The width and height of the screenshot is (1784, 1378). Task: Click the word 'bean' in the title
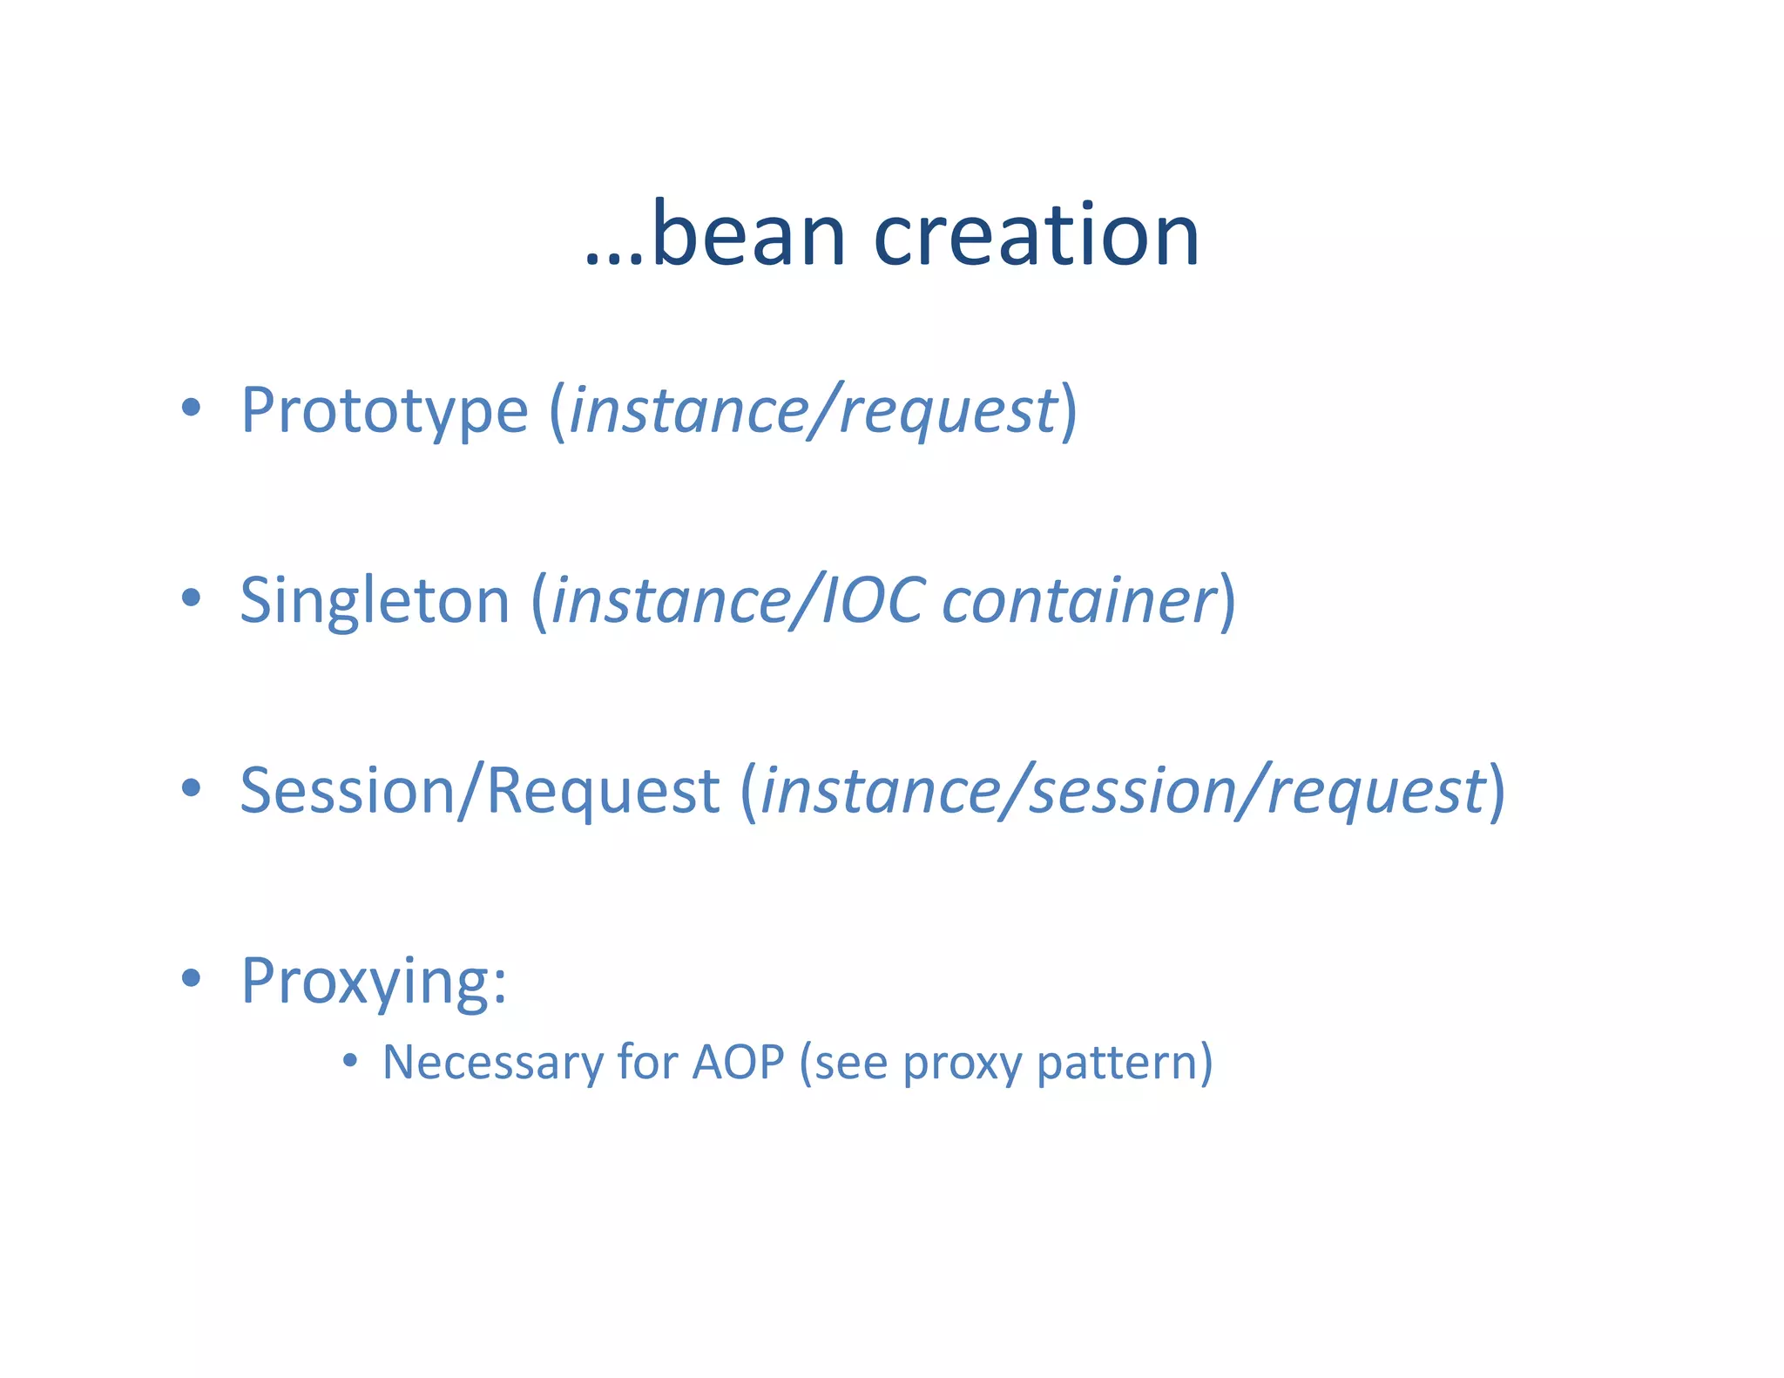click(x=749, y=235)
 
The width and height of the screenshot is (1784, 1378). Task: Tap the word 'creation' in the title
click(x=1037, y=235)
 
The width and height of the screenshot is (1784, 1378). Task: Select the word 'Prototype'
click(x=384, y=411)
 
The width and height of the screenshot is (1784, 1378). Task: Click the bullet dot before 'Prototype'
click(x=191, y=407)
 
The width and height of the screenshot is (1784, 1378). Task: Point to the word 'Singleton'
click(x=375, y=601)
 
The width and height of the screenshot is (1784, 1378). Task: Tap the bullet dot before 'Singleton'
click(x=191, y=597)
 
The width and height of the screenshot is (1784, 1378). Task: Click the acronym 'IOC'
click(x=872, y=601)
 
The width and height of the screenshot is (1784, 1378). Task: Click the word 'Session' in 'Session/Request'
click(x=348, y=791)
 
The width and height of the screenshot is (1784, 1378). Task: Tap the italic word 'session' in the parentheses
click(x=1132, y=791)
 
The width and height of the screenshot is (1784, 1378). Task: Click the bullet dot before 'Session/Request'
click(x=191, y=787)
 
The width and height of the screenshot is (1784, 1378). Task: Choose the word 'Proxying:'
click(x=374, y=982)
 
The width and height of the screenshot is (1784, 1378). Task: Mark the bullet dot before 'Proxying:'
click(x=191, y=977)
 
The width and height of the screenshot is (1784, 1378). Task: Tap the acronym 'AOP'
click(x=738, y=1063)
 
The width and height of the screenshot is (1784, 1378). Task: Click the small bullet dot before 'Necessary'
click(x=349, y=1060)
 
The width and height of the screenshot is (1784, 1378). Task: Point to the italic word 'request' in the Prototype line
click(x=948, y=411)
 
